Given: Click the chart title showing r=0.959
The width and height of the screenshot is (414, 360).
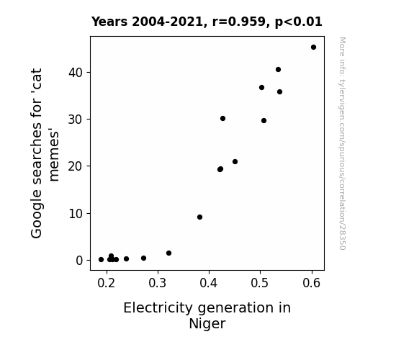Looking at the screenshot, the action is click(207, 22).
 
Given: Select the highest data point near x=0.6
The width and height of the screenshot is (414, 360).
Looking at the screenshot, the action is click(313, 48).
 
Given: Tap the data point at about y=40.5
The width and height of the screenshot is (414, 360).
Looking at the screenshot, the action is click(278, 69).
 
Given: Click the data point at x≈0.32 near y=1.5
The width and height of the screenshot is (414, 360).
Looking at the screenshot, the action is click(168, 253).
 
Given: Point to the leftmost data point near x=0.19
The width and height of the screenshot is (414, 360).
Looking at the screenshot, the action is click(101, 260).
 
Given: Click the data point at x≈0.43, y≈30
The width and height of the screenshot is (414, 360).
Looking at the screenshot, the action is click(222, 118).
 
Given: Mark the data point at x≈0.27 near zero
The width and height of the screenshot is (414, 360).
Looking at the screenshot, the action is click(143, 258).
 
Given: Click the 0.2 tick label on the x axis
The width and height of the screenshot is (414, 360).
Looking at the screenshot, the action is click(106, 283).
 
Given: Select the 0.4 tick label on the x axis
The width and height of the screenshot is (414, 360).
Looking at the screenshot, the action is click(209, 283).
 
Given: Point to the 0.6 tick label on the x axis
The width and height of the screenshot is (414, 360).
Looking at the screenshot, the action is click(312, 283).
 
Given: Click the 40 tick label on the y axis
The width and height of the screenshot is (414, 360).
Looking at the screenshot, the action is click(76, 73).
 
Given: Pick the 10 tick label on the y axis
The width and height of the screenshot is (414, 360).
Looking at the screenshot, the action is click(76, 214).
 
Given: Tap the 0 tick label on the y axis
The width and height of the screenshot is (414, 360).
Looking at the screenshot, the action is click(79, 261).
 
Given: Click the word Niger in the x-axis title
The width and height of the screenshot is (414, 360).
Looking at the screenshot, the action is click(207, 323).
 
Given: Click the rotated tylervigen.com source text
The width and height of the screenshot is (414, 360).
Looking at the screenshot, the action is click(342, 143).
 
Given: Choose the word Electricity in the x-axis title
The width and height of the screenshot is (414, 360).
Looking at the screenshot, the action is click(158, 308).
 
